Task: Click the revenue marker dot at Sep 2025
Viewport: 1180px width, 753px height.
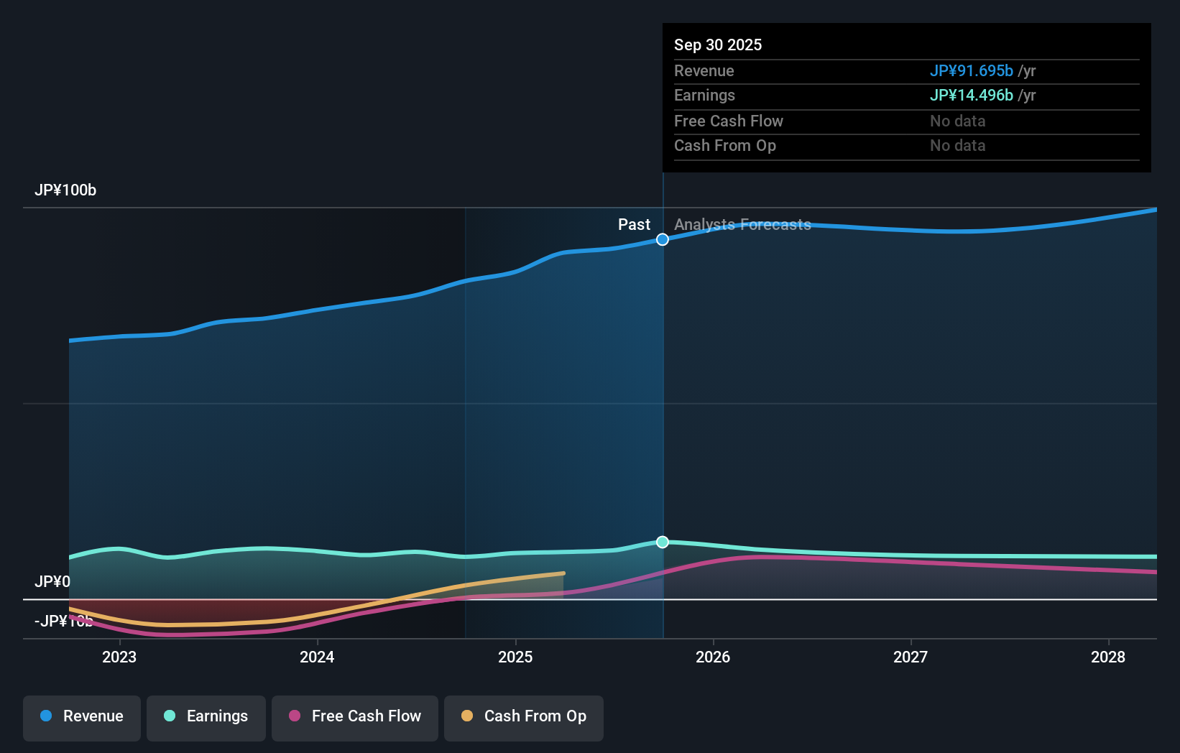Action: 663,239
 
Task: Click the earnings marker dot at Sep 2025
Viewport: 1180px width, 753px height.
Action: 663,542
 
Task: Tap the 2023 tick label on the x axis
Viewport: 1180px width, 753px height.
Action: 119,657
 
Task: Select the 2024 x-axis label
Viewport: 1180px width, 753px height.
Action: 317,657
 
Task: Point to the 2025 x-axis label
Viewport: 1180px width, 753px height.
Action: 515,657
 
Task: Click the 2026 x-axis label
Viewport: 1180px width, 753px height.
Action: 713,657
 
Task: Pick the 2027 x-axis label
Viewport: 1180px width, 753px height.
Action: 911,657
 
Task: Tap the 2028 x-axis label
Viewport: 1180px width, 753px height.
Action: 1108,657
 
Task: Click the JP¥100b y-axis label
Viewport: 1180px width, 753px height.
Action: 65,190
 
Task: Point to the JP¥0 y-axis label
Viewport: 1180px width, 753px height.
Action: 52,581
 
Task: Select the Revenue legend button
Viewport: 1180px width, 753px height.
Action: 82,716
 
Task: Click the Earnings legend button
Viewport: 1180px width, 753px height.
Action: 206,716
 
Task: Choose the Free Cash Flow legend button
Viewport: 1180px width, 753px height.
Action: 355,716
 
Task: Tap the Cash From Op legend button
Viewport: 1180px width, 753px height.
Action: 524,716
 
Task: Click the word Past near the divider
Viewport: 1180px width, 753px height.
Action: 634,225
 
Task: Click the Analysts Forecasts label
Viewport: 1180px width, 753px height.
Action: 742,225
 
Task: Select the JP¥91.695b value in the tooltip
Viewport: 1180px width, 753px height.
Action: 971,71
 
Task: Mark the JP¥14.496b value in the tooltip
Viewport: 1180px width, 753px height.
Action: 971,96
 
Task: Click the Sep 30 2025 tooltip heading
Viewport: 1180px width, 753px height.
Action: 718,45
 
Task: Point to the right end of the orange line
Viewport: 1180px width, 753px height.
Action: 563,573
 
